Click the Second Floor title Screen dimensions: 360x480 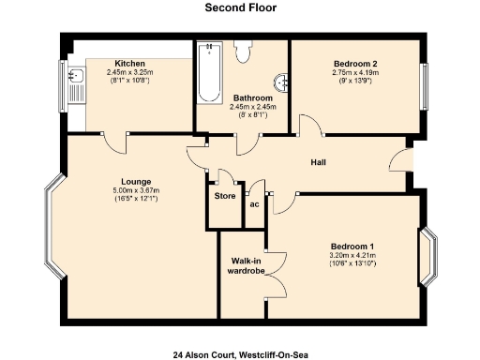pos(239,7)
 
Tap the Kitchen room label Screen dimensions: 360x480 pos(128,64)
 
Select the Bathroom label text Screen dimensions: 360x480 pos(253,97)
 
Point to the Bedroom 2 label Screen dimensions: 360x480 pos(355,64)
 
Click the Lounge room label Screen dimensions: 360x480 pos(136,181)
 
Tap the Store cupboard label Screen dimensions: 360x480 pos(225,196)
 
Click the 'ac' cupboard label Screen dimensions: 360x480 pos(254,202)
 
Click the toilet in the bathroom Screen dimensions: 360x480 pos(244,52)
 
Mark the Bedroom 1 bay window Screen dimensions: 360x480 pos(429,256)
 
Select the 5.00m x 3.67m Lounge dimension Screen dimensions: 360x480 pos(136,190)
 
